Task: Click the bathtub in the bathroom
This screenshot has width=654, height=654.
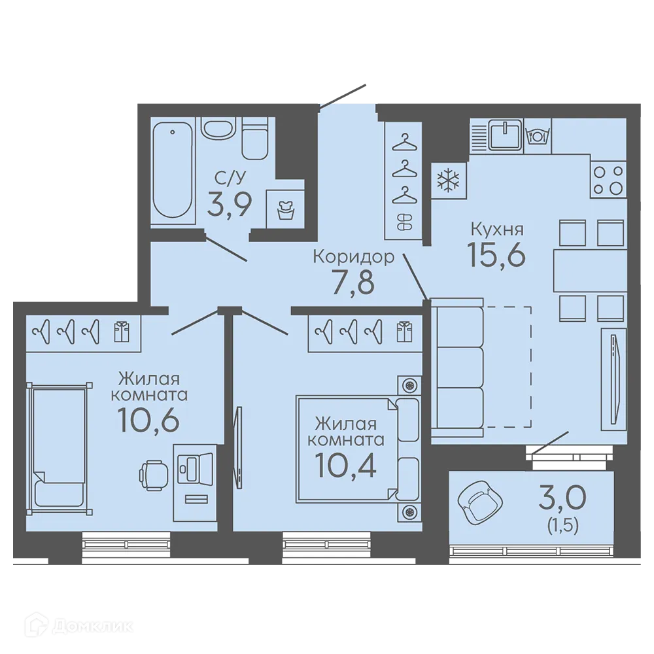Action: tap(173, 169)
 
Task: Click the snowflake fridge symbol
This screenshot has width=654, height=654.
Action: tap(448, 181)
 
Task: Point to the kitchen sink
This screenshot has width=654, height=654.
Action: tap(505, 134)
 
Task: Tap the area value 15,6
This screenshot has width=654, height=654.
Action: tap(496, 254)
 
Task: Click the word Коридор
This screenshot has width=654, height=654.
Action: tap(354, 257)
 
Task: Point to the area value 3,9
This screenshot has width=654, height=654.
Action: tap(229, 204)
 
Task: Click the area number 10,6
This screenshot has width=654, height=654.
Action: tap(148, 420)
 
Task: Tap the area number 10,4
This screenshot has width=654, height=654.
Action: tap(346, 465)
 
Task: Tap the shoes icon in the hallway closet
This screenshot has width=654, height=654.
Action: tap(404, 222)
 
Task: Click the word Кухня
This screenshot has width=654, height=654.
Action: tap(497, 229)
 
